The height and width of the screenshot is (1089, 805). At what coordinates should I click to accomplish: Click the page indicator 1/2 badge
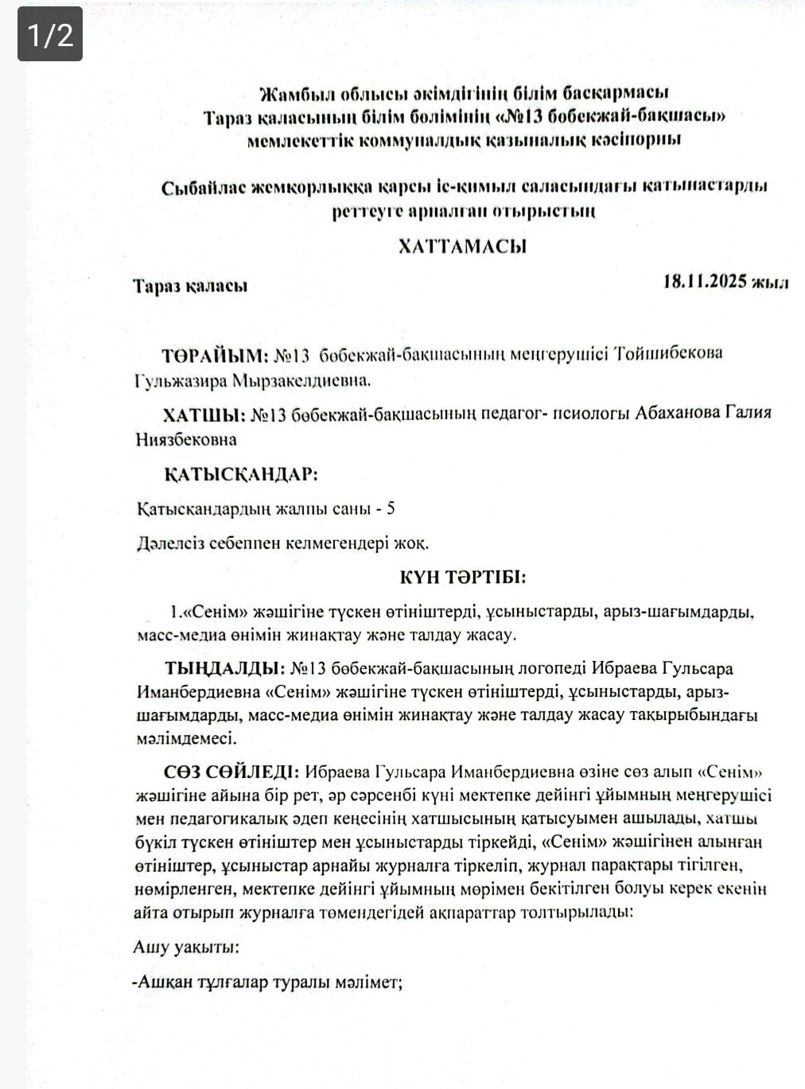click(x=50, y=35)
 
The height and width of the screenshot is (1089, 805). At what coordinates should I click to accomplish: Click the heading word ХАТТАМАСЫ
click(x=462, y=246)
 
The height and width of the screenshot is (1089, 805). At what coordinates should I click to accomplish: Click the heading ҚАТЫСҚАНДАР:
click(x=240, y=475)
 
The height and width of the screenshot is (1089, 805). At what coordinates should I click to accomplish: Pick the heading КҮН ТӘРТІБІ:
click(x=462, y=578)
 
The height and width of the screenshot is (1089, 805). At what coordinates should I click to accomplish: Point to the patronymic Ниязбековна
click(x=186, y=440)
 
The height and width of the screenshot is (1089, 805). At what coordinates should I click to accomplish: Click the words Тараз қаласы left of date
click(x=189, y=286)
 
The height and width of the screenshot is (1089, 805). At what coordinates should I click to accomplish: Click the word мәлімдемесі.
click(x=186, y=738)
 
